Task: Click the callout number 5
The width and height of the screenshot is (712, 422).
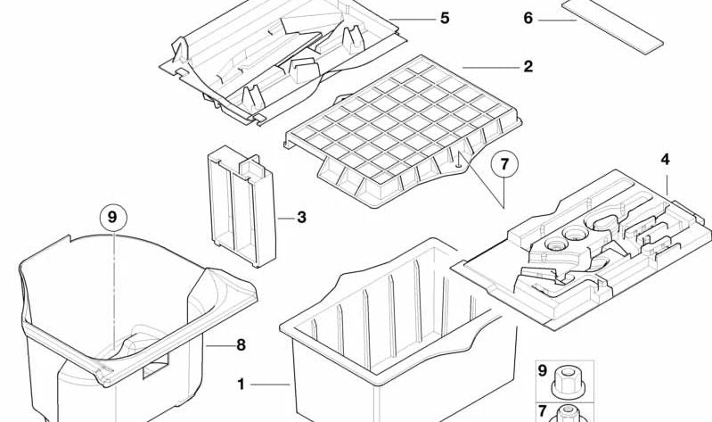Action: coord(445,18)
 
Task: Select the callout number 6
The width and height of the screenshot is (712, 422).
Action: coord(528,18)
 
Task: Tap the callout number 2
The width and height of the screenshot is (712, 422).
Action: coord(528,67)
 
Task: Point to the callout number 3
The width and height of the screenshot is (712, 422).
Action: coord(302,217)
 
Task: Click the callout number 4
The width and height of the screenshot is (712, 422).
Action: coord(665,161)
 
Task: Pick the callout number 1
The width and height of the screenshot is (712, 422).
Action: coord(241,385)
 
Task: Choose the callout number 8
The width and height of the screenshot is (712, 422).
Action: coord(241,344)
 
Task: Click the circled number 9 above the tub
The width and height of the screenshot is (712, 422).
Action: coord(113,217)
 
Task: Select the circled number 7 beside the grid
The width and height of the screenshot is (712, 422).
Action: coord(504,164)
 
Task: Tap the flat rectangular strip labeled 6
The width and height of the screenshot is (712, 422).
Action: coord(614,22)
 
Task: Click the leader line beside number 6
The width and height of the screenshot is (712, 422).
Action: coord(558,20)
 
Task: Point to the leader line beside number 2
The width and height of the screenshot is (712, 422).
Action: coord(487,67)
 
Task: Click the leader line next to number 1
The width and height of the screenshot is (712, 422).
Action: coord(269,385)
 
